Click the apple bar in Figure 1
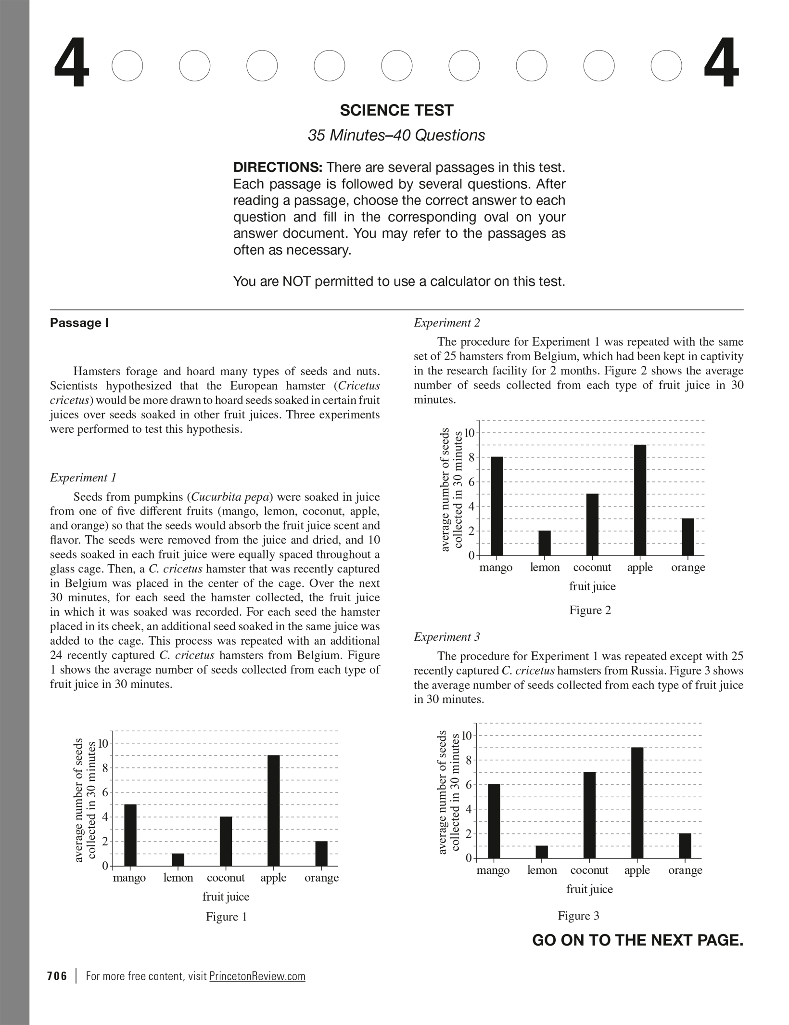[x=273, y=810]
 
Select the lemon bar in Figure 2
[x=545, y=543]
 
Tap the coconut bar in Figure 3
[x=589, y=815]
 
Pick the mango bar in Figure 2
[x=496, y=506]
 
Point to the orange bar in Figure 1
[x=321, y=854]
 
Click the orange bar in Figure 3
[x=685, y=846]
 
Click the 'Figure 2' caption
[x=590, y=610]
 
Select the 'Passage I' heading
[x=79, y=323]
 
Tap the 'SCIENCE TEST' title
[x=396, y=111]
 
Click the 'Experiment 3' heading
[x=446, y=637]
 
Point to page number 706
[x=57, y=976]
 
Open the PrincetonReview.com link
[x=257, y=976]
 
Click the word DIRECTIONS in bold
[x=278, y=168]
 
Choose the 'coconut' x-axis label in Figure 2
[x=592, y=568]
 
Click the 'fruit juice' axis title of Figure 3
[x=589, y=889]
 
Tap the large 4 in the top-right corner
[x=721, y=64]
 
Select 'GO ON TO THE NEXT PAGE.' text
[x=637, y=940]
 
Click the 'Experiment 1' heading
[x=83, y=478]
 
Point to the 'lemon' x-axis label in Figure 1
[x=178, y=878]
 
